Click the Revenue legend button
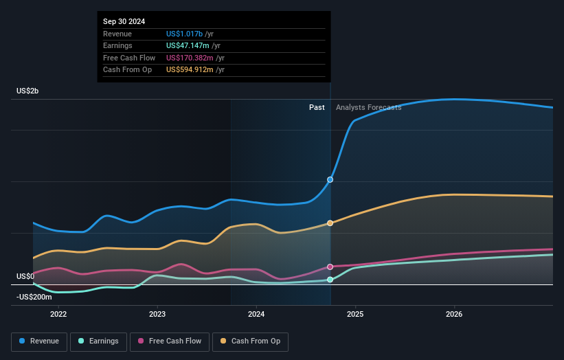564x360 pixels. click(x=40, y=341)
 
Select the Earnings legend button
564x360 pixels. click(x=98, y=341)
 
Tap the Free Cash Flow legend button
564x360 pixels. click(x=170, y=341)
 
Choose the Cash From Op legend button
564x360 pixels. click(x=250, y=341)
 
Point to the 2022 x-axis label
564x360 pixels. click(x=58, y=315)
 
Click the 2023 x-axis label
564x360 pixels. click(x=157, y=315)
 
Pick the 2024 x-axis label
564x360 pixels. click(x=256, y=315)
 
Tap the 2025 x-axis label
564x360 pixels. click(x=355, y=315)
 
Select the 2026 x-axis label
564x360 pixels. click(x=454, y=315)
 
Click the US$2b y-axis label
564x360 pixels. click(x=28, y=91)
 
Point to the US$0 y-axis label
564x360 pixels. click(x=25, y=276)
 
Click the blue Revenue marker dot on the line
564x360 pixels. click(x=330, y=179)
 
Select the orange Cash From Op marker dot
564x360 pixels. click(x=330, y=223)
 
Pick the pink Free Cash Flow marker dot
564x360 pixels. click(x=330, y=267)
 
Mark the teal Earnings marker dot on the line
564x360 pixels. click(x=330, y=280)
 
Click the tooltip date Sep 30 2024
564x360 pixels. click(x=124, y=22)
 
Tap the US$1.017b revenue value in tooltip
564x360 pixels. click(x=184, y=34)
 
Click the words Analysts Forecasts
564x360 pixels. click(x=368, y=107)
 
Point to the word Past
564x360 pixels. click(x=317, y=107)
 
